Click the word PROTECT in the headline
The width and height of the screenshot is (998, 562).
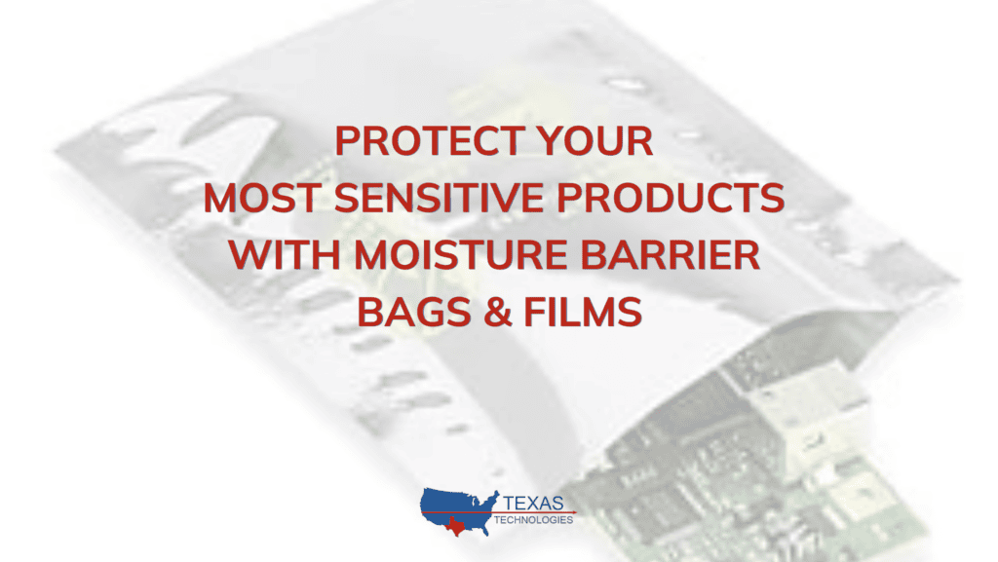[430, 140]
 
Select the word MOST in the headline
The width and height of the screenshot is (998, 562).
[262, 198]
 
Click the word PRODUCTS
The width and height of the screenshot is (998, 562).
[671, 198]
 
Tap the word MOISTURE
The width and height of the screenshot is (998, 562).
[460, 255]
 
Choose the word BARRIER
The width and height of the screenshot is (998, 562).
[671, 255]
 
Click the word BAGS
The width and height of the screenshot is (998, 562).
[413, 312]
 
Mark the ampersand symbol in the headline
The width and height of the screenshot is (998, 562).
[498, 312]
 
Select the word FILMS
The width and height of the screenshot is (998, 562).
[583, 312]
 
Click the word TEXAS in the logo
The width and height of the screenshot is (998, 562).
[533, 504]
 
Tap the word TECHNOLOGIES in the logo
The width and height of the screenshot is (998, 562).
[533, 520]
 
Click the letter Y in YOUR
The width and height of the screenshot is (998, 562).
[550, 140]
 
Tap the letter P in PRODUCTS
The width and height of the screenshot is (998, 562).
[569, 198]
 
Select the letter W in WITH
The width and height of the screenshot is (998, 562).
[249, 255]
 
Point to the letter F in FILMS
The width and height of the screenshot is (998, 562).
[535, 312]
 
